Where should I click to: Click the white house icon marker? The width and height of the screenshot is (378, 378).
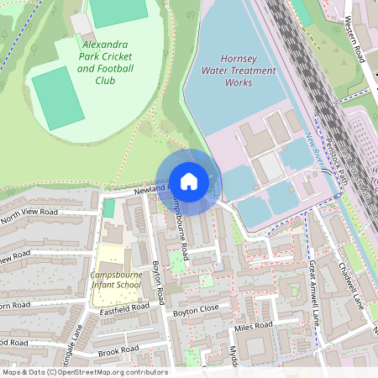click(189, 181)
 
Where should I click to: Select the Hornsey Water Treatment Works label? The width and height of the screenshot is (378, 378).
click(239, 71)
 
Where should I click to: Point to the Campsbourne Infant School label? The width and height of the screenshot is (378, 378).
click(117, 280)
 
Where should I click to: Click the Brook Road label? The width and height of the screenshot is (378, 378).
click(118, 349)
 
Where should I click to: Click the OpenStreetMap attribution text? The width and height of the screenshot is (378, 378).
click(84, 372)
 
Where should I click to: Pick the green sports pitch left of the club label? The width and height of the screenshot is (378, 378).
click(57, 97)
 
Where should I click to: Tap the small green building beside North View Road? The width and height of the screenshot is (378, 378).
click(109, 208)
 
